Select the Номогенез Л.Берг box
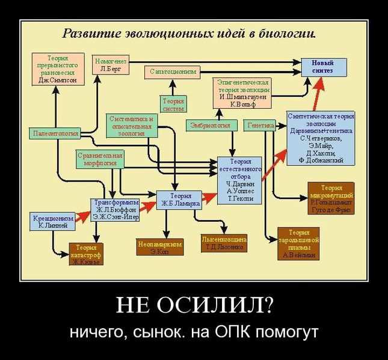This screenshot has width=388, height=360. click(111, 64)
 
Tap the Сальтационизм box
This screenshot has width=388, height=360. click(173, 72)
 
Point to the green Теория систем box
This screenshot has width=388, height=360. click(173, 105)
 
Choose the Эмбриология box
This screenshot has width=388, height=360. click(210, 126)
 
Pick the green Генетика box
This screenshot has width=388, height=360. click(260, 126)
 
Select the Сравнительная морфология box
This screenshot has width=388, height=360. click(100, 159)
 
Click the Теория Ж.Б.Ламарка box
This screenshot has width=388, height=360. click(177, 200)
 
